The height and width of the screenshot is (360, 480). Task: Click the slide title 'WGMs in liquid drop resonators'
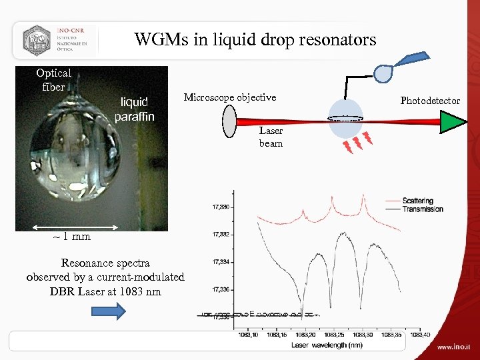coord(255,39)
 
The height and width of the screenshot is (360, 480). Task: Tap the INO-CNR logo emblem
coord(37,41)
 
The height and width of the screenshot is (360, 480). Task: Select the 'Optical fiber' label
coord(53,80)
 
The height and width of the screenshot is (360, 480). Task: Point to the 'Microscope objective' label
coord(229,97)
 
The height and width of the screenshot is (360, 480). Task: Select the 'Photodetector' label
coord(430,101)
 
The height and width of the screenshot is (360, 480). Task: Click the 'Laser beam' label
coord(271,137)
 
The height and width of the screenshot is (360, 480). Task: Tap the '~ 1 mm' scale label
coord(71,236)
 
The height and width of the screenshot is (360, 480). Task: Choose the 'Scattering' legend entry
coord(417,201)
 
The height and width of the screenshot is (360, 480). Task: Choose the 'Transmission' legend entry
coord(422,209)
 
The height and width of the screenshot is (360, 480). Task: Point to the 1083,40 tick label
coord(419,335)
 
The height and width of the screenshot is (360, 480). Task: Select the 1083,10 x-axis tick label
coord(249,335)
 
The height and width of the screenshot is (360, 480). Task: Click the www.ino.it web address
coord(454,347)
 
